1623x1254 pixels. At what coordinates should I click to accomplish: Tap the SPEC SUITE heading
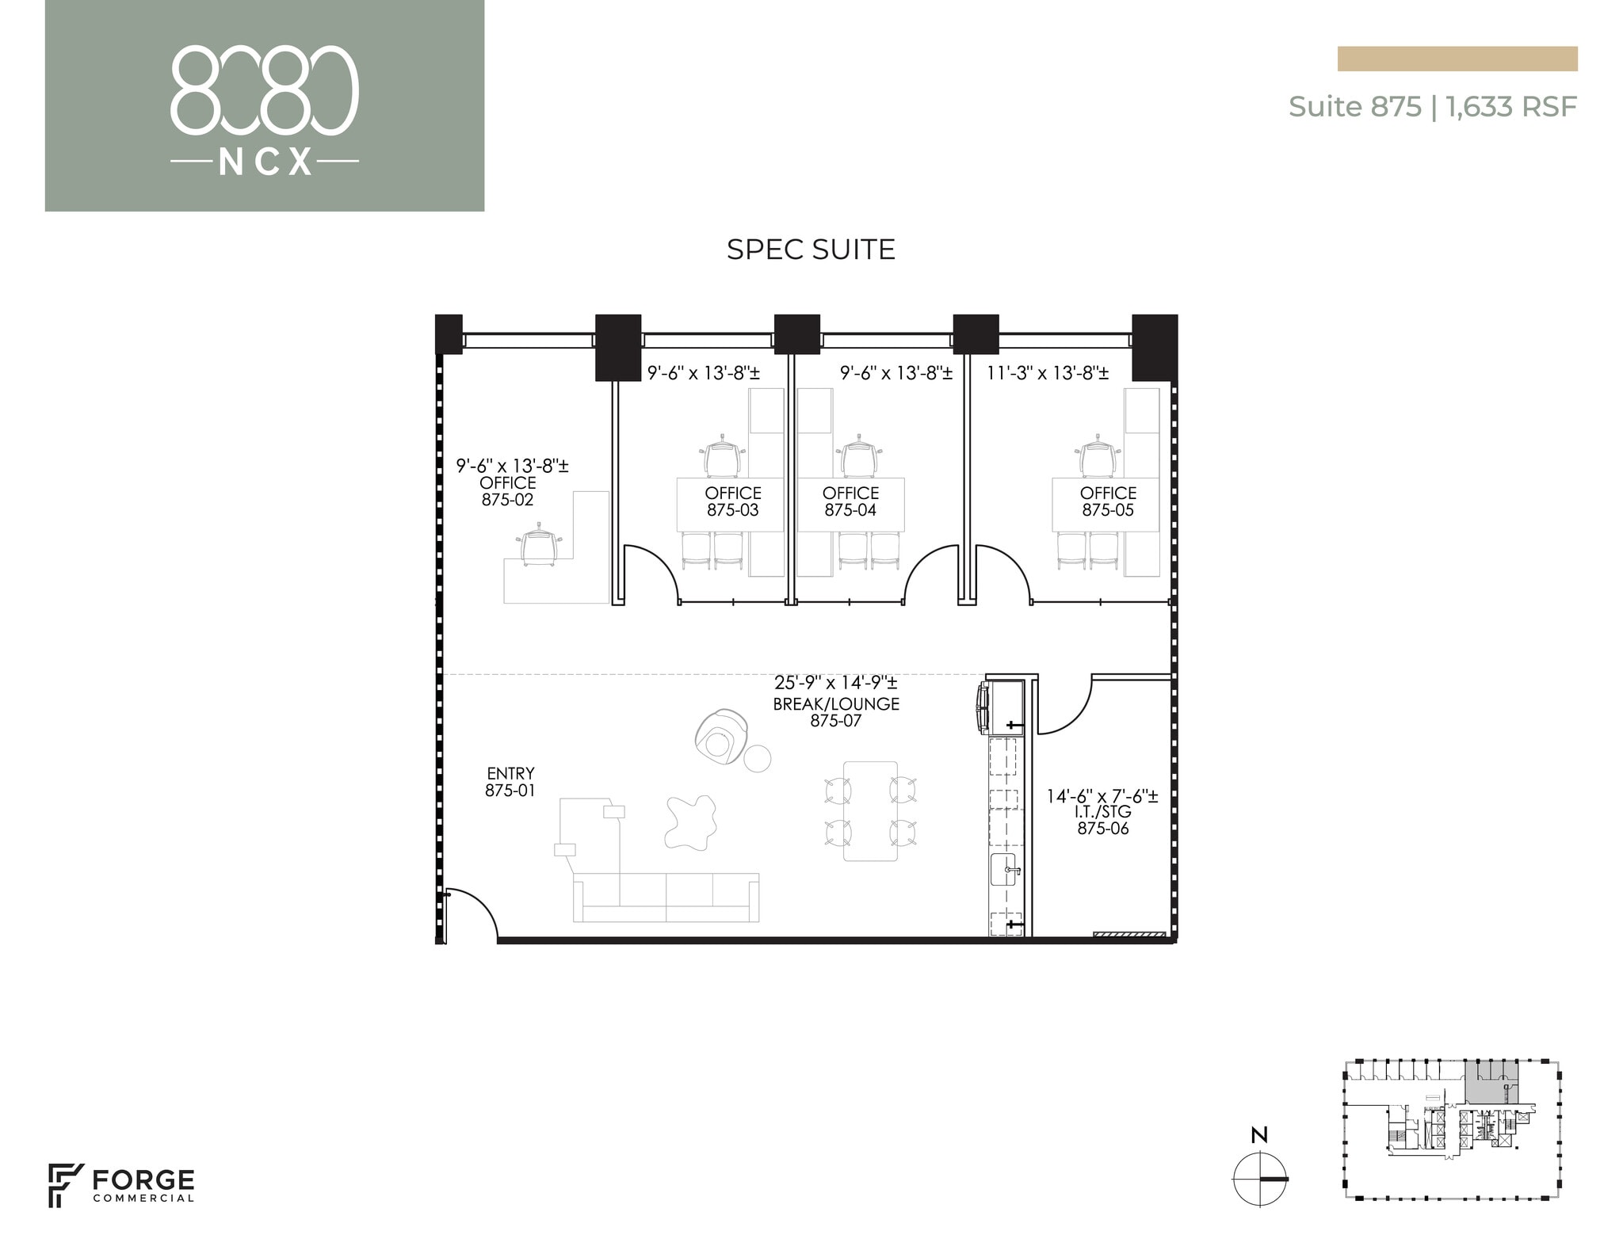(811, 250)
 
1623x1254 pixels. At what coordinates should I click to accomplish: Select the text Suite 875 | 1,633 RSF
(1432, 106)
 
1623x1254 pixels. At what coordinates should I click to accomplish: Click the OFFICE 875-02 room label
(508, 491)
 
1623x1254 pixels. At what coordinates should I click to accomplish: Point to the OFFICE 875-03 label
(733, 501)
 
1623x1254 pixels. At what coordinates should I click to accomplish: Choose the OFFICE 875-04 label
(850, 501)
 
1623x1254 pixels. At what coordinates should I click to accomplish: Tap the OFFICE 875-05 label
(1108, 501)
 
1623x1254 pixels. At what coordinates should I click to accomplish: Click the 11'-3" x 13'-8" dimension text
(1047, 372)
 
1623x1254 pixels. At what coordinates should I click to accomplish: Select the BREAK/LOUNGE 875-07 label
(836, 711)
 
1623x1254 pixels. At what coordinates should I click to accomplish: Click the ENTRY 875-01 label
(510, 781)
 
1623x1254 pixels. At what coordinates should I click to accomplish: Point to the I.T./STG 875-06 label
(1102, 820)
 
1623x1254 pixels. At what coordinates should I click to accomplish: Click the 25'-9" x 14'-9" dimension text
(836, 683)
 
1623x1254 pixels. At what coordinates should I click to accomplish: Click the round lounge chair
(721, 737)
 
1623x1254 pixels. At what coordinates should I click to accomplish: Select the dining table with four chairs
(870, 810)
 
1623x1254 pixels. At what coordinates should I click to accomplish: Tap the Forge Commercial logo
(121, 1185)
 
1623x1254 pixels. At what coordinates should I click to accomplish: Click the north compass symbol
(1259, 1179)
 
